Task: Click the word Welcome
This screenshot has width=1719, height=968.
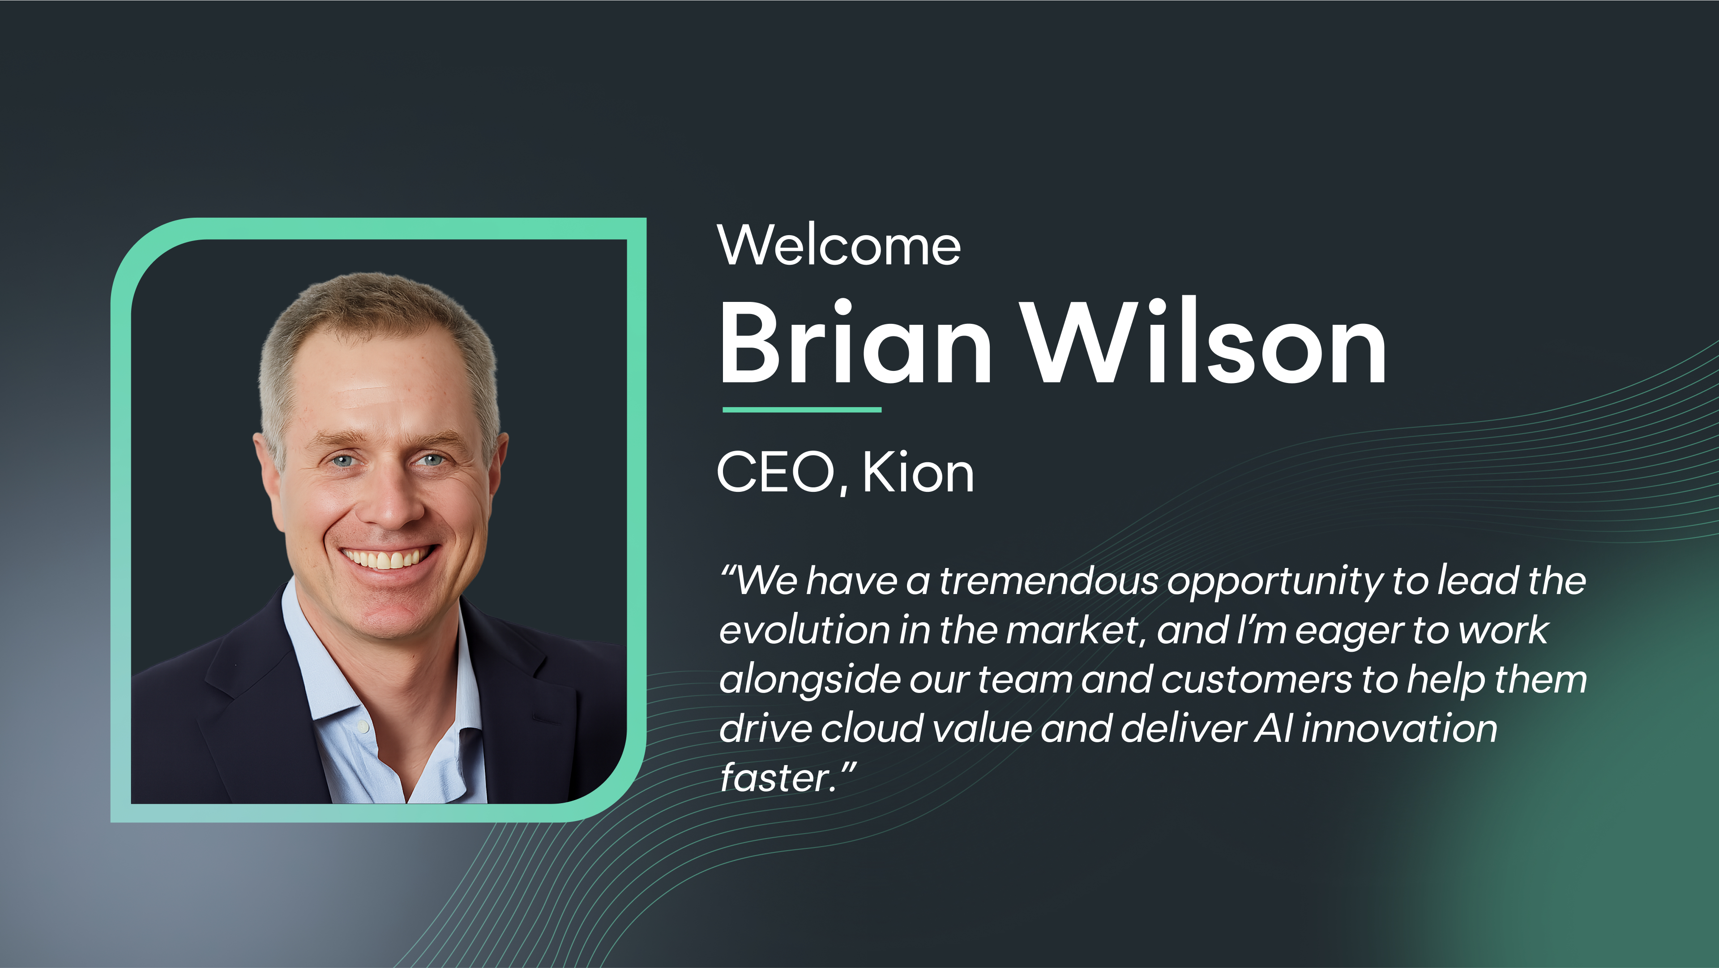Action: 839,245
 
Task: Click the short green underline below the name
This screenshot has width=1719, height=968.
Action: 802,410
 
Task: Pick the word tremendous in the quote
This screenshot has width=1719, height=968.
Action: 1048,581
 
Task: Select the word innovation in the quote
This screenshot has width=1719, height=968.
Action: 1399,728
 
